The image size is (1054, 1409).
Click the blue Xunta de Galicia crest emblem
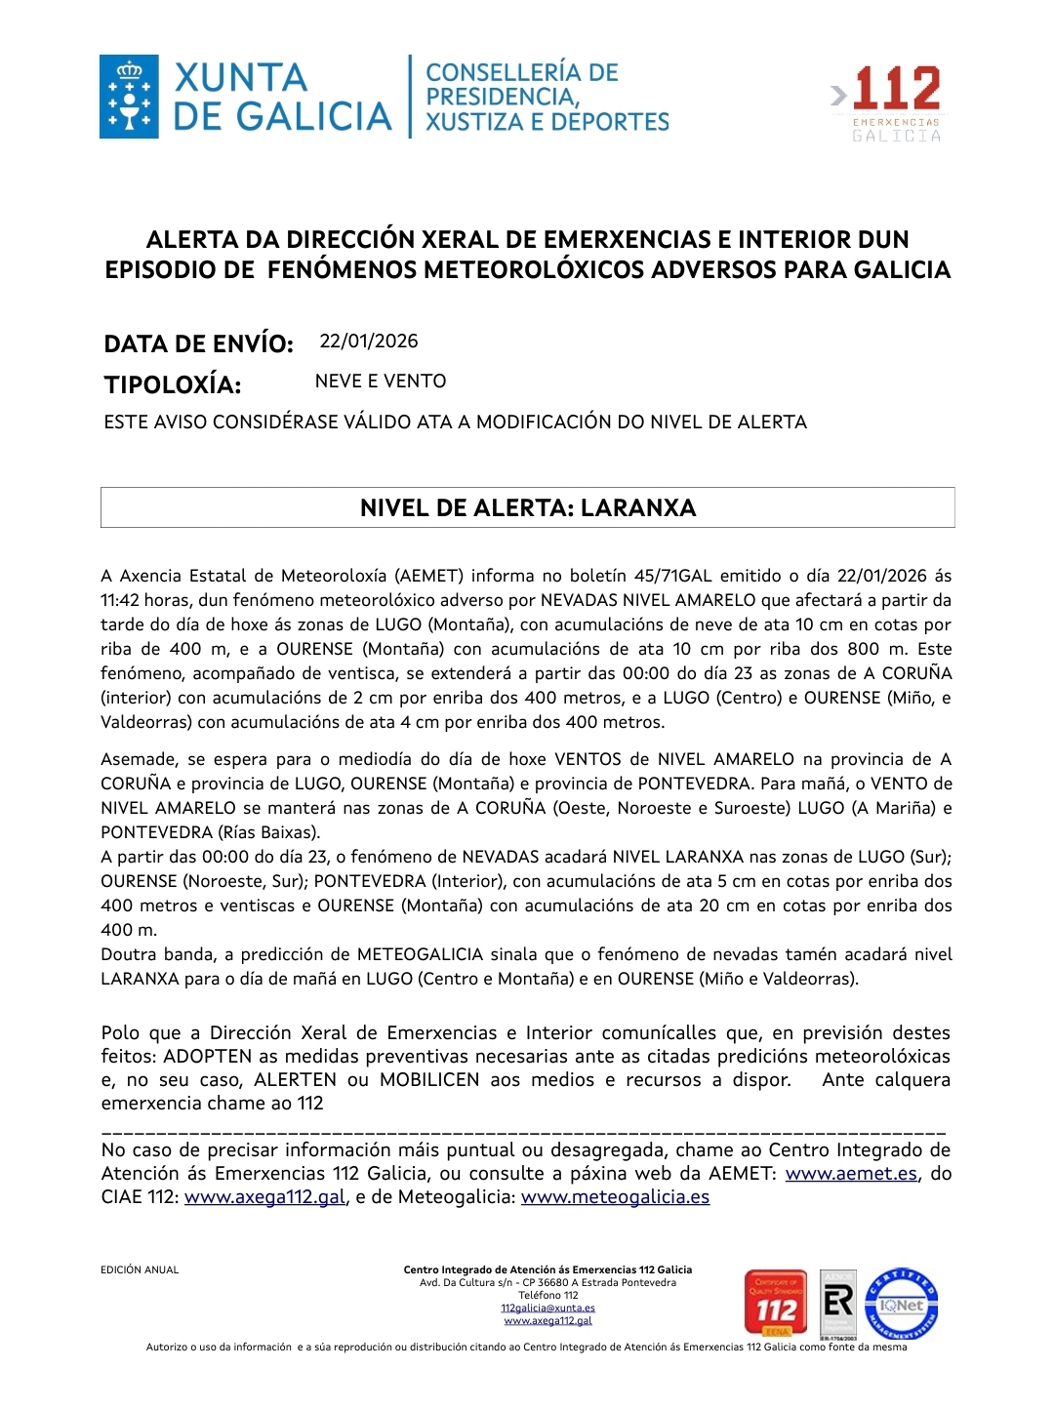129,97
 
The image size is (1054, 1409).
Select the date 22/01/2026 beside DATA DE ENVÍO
369,342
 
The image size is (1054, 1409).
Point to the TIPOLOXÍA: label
173,384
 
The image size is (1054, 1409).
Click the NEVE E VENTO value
381,382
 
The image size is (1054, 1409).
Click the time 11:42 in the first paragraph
120,600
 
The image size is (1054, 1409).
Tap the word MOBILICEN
429,1080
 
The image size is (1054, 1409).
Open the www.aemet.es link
851,1174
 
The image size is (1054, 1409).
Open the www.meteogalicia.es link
615,1197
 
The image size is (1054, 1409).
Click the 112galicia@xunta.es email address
547,1308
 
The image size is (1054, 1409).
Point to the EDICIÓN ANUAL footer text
140,1270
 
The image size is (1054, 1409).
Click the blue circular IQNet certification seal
901,1304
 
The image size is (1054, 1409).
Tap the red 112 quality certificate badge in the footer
776,1304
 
